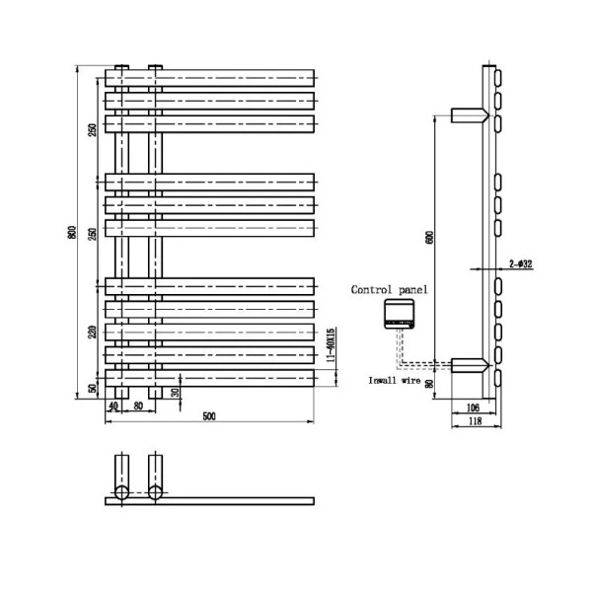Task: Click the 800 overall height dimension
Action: [x=71, y=233]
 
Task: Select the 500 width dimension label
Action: [x=209, y=416]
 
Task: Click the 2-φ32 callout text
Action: [x=521, y=263]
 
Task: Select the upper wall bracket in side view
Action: [x=468, y=115]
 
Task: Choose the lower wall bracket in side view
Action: [x=468, y=365]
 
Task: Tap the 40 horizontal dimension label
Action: [x=113, y=405]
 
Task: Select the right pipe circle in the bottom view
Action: [x=155, y=491]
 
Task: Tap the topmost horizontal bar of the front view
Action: [x=209, y=77]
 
